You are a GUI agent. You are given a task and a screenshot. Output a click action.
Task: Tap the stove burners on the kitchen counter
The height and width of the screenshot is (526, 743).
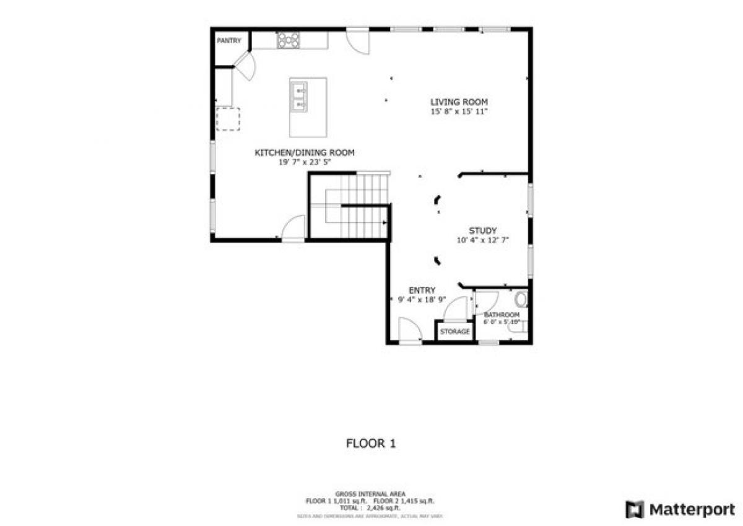pos(288,40)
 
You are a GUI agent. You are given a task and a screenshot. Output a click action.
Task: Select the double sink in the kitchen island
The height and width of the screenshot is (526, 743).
pos(300,98)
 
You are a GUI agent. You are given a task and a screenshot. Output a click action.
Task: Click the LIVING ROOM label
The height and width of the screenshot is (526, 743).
pos(459,102)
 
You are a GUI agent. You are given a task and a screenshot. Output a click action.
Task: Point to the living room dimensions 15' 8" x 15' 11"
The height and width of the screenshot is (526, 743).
pos(459,112)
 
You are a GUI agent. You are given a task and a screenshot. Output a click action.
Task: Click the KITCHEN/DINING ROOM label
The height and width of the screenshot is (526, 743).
pos(305,152)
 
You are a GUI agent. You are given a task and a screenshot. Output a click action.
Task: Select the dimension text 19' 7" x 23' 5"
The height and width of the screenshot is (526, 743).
pos(305,162)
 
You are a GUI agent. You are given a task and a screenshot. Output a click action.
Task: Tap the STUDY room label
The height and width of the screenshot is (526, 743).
pos(482,231)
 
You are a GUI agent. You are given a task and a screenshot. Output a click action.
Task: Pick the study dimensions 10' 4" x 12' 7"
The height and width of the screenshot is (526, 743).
pos(482,240)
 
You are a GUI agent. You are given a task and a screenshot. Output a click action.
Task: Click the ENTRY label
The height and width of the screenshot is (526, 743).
pos(422,290)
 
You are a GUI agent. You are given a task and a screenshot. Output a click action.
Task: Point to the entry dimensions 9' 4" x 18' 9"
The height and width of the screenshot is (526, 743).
pos(422,300)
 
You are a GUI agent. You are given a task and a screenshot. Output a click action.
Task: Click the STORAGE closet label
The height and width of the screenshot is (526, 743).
pos(455,332)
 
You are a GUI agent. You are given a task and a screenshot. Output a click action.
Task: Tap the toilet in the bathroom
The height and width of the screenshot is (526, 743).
pos(521,300)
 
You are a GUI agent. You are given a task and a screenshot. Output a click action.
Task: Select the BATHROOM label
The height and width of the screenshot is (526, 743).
pos(502,315)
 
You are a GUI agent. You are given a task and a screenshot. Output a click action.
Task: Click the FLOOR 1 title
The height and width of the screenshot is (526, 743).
pos(370,444)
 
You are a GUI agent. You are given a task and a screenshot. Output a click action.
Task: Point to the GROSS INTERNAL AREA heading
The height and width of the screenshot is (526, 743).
pos(370,494)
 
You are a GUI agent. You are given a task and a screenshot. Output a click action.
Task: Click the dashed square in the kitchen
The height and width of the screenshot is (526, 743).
pos(227,119)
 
